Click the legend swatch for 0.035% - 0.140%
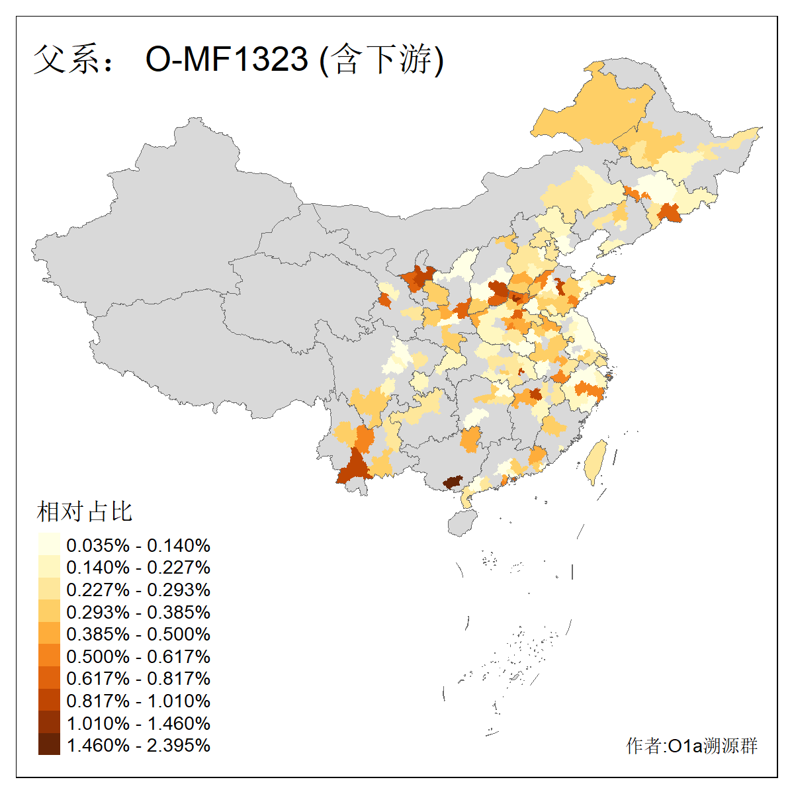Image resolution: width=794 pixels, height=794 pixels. coord(49,545)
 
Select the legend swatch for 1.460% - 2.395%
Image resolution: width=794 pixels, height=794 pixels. coord(49,745)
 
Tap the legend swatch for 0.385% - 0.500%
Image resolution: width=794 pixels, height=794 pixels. coord(49,634)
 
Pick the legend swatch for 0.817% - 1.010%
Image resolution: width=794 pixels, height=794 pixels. coord(49,701)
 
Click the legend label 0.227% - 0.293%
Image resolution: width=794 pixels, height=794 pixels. coord(138,590)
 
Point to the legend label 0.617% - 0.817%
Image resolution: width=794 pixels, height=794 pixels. coord(138,678)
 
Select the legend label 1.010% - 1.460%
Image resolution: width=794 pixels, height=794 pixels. coord(138,723)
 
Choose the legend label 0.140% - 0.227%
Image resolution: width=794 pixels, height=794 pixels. coord(138,567)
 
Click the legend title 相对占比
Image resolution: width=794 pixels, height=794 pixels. coord(85,511)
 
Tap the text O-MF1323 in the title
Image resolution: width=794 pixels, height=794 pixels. coord(227,60)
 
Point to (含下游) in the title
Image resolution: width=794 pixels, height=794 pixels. coord(382,60)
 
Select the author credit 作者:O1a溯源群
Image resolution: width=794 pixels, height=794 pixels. coord(691,746)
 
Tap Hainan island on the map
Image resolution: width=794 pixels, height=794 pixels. coord(462,523)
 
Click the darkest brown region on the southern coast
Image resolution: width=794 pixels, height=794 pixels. coord(453,482)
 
